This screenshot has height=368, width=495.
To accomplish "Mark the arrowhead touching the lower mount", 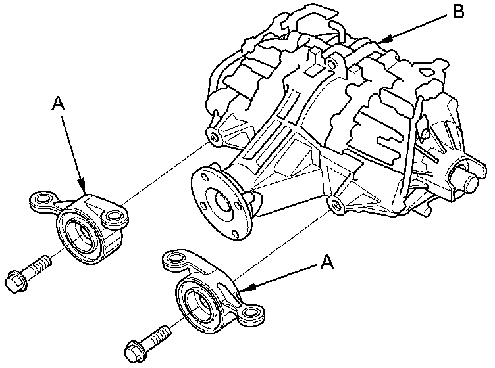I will tap(242, 288).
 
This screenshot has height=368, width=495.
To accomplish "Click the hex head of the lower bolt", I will tap(134, 349).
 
